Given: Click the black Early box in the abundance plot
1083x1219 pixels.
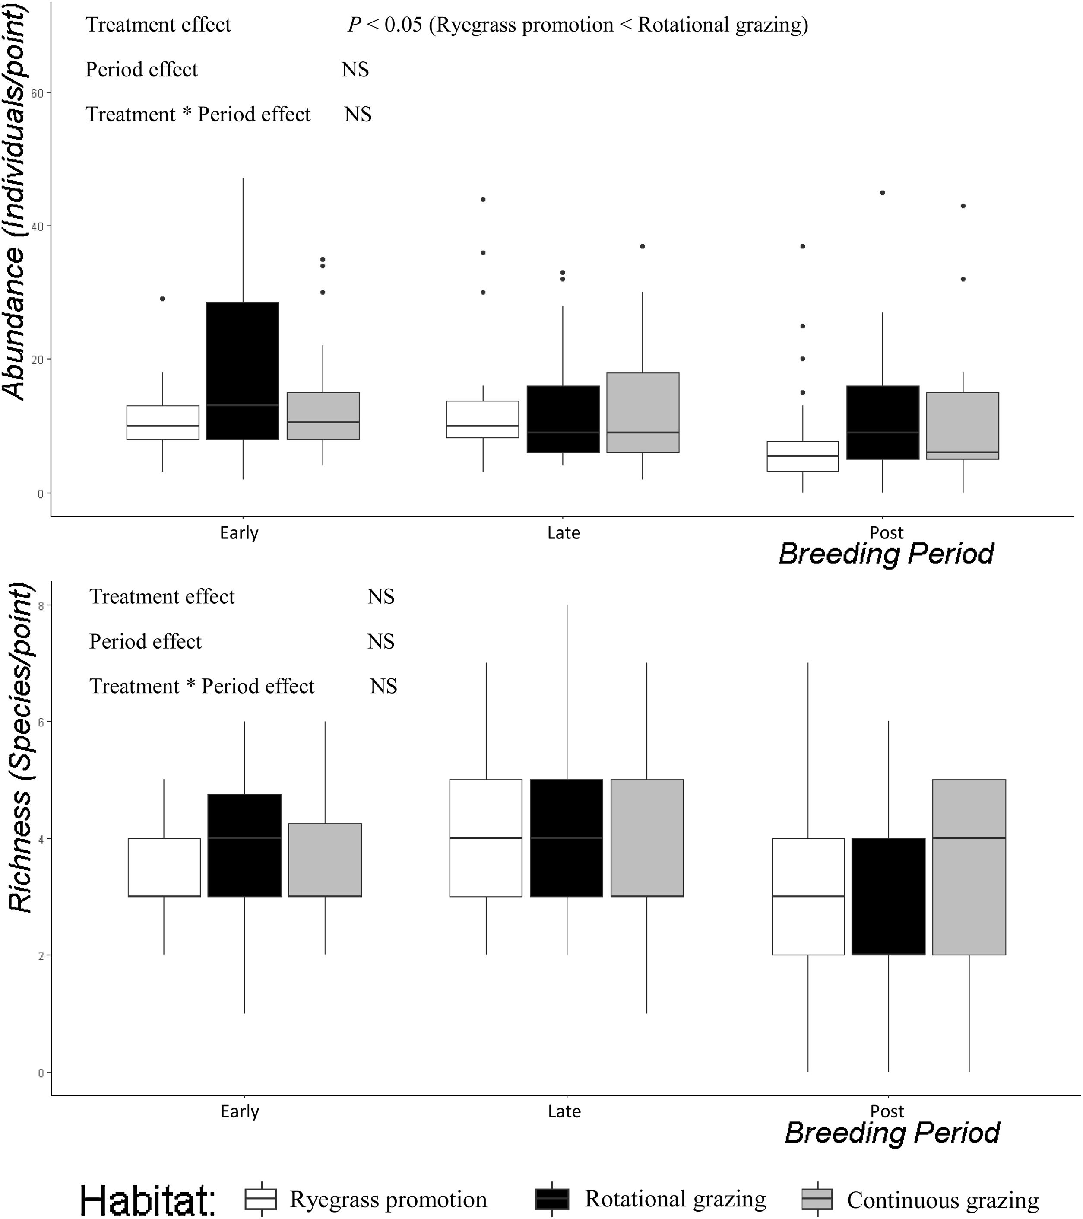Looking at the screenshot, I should point(243,370).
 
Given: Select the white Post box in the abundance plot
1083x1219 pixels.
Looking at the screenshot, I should point(802,456).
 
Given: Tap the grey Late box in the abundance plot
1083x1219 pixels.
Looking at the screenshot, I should point(643,413).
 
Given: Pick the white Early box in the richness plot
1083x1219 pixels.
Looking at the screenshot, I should point(164,867).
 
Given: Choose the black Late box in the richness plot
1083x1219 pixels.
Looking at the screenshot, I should point(566,838).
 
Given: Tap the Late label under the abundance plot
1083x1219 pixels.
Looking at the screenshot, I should point(563,532).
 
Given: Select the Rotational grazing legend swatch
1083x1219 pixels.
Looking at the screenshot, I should point(552,1198).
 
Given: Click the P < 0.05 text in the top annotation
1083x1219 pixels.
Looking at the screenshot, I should point(384,25).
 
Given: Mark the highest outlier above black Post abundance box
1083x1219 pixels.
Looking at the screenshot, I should point(882,193).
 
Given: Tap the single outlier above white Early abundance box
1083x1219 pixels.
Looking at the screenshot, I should point(163,299).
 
